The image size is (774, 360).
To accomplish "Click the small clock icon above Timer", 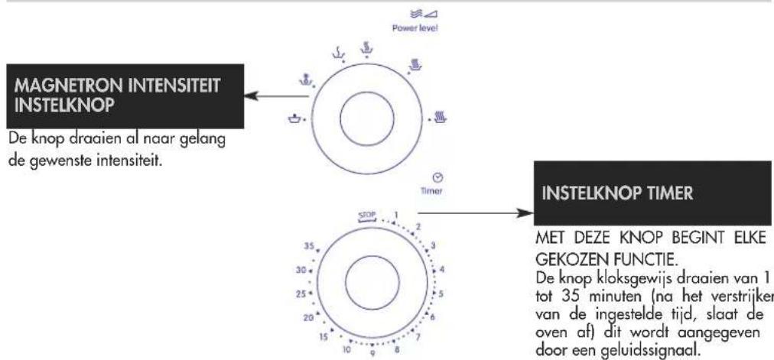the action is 437,177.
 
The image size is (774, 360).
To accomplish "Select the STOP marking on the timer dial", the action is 367,216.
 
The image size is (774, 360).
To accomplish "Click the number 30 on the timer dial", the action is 301,271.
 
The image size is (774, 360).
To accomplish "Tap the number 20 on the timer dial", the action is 308,318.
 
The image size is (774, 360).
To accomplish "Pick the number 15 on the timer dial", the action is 324,337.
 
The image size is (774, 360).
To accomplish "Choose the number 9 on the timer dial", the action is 372,353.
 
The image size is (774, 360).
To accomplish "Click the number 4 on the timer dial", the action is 442,270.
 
